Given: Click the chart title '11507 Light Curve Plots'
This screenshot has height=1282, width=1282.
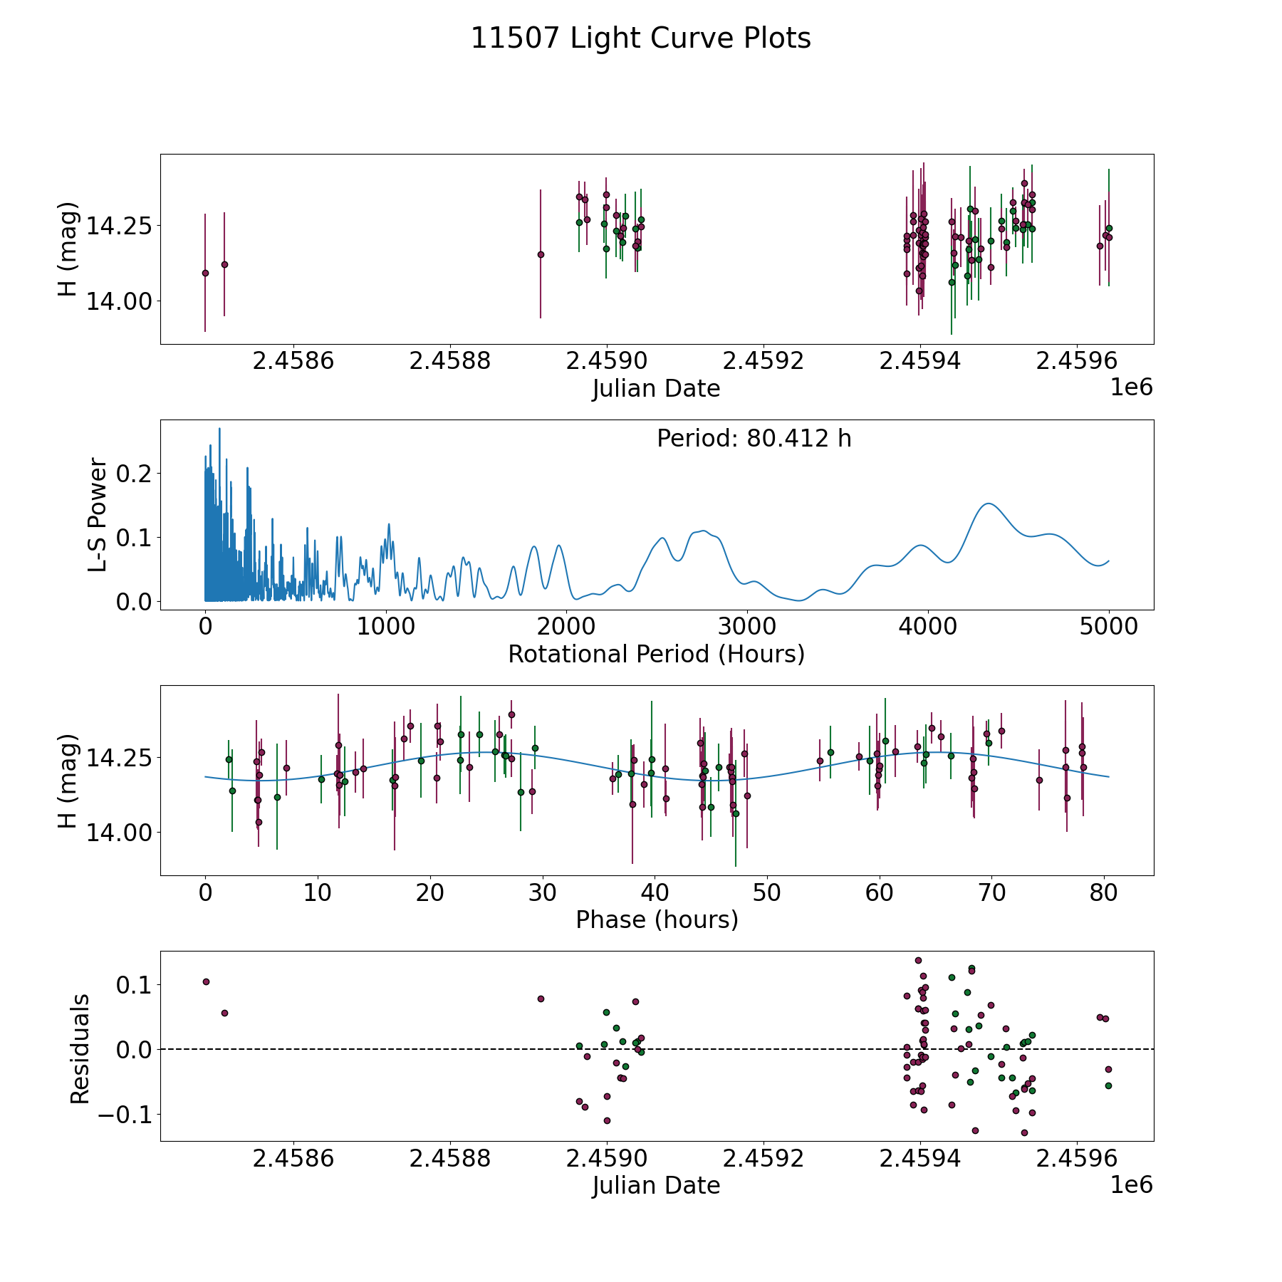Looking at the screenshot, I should click(x=640, y=38).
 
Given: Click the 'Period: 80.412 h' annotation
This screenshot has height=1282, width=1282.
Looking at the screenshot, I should click(x=754, y=439).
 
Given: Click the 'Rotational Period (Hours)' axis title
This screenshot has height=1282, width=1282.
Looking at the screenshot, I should click(x=656, y=654).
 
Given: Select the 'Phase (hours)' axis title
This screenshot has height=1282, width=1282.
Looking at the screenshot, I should click(x=657, y=919).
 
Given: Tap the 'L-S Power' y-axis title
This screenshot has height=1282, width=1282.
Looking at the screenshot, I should click(x=98, y=515).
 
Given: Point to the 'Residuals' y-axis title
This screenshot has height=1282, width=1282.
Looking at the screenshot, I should click(x=80, y=1048).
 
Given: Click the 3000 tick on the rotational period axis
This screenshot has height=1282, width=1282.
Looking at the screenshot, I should click(x=747, y=627).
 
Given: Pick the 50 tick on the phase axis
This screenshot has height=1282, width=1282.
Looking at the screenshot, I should click(x=767, y=892).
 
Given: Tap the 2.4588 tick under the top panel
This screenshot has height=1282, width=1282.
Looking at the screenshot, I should click(x=450, y=361).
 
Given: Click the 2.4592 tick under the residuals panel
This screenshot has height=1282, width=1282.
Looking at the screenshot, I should click(x=764, y=1159).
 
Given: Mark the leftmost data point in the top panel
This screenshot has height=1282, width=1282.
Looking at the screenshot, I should click(x=205, y=273).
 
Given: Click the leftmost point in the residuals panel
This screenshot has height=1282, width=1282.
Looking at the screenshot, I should click(x=206, y=981).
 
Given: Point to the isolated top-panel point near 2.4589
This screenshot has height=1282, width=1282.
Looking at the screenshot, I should click(x=541, y=254).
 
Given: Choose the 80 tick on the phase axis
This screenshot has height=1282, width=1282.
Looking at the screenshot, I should click(x=1104, y=892).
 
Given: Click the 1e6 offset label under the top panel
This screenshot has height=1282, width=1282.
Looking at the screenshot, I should click(x=1131, y=387).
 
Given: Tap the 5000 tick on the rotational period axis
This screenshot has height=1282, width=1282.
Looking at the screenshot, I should click(x=1109, y=627).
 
